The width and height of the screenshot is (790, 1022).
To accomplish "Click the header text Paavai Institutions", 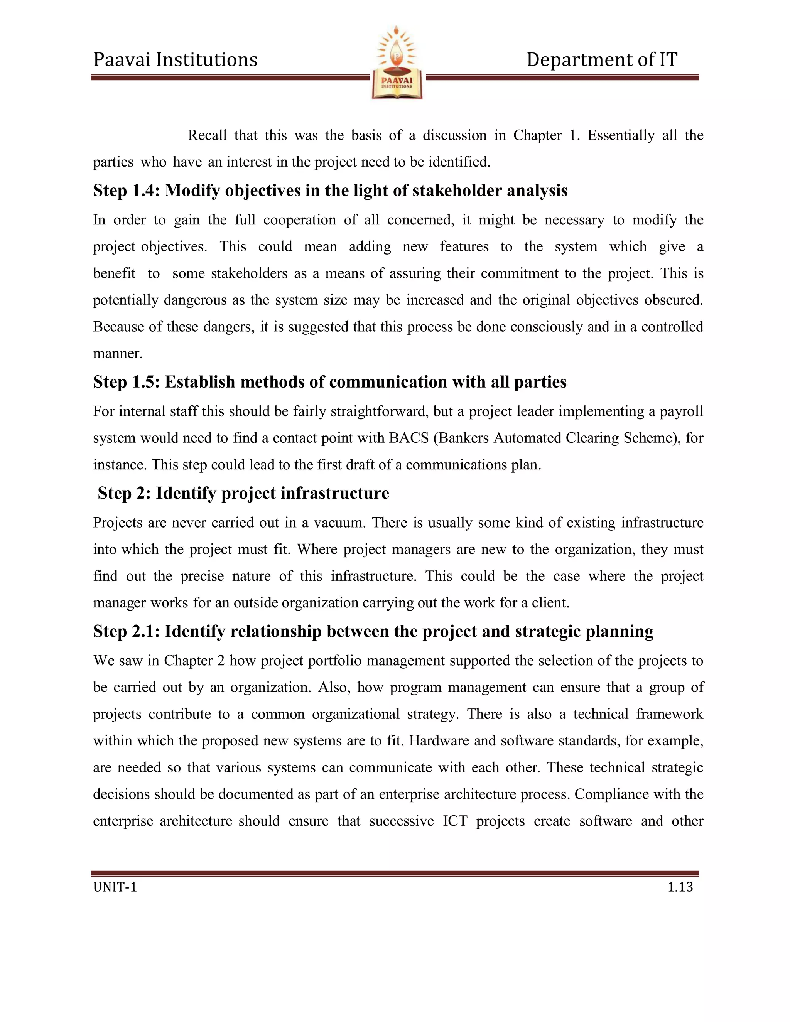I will click(x=175, y=60).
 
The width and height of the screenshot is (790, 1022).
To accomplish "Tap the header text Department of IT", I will click(x=601, y=60).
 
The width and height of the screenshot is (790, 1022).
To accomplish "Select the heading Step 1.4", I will click(x=330, y=191).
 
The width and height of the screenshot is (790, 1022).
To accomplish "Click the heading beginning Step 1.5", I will click(x=329, y=382).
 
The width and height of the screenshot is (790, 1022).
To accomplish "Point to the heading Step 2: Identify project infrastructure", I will click(x=243, y=493).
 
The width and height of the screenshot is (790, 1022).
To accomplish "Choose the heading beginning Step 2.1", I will click(x=373, y=631).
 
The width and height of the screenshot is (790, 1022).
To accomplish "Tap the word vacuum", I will click(x=339, y=523).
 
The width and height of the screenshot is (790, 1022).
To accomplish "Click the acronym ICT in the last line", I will click(x=455, y=821).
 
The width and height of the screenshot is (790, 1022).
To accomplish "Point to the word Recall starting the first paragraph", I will click(x=207, y=136).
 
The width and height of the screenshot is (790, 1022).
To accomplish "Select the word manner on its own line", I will click(x=118, y=354).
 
